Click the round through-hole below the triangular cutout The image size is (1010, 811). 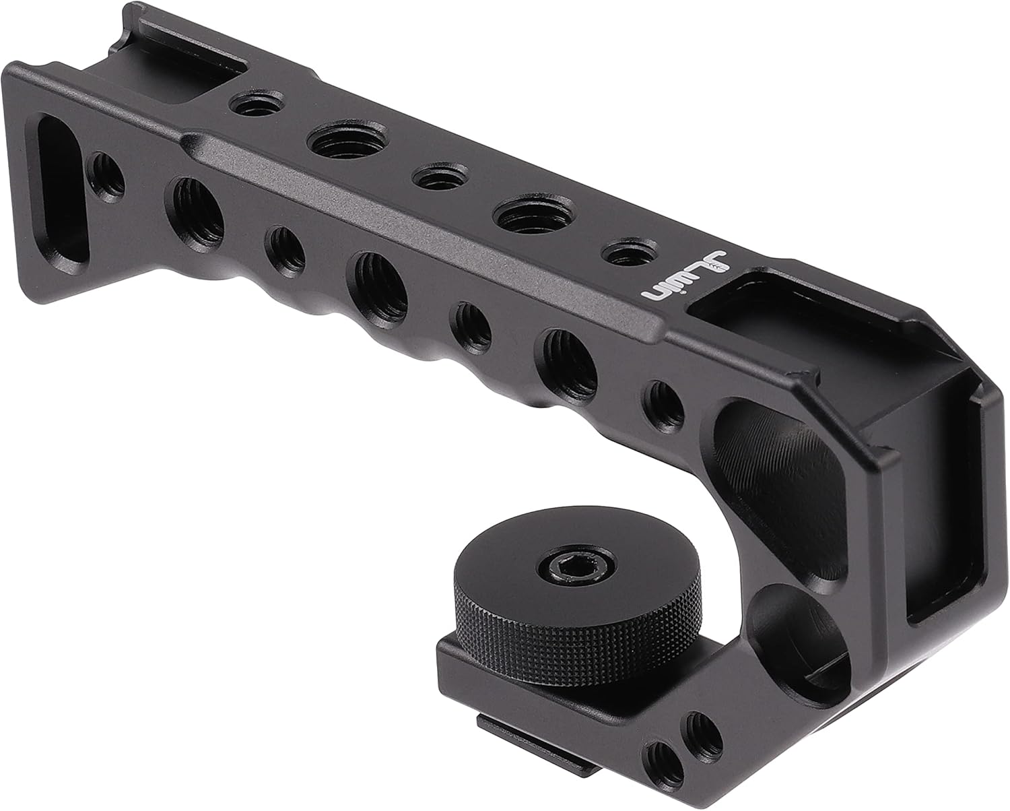pos(782,620)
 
